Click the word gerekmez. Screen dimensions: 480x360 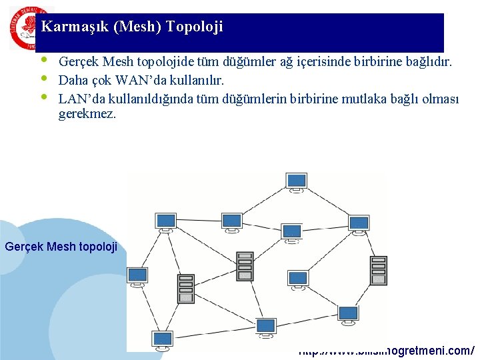(x=87, y=114)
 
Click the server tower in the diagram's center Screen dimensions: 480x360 (x=245, y=265)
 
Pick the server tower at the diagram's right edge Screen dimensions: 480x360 (x=378, y=270)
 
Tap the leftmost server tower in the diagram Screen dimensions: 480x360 (x=186, y=288)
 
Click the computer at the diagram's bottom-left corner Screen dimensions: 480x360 (x=162, y=339)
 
